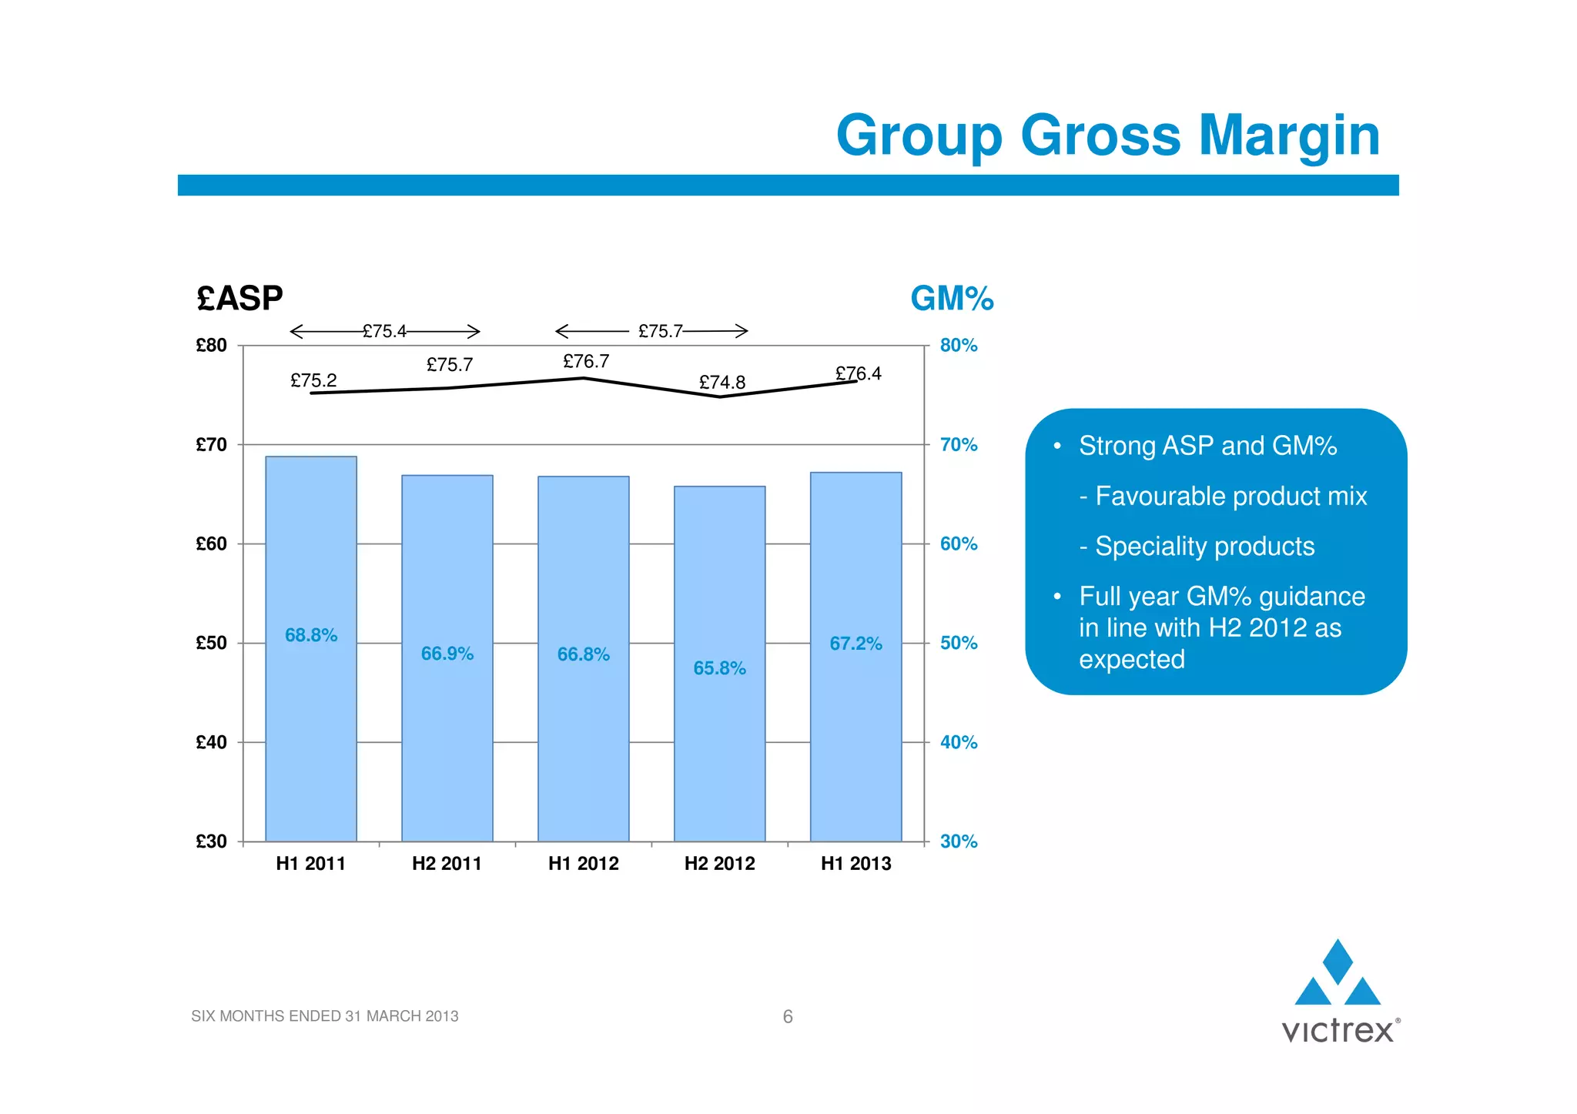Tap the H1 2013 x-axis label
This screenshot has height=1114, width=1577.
pos(855,864)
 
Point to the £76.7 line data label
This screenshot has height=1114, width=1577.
pos(586,361)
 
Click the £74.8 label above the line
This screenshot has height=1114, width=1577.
pos(722,382)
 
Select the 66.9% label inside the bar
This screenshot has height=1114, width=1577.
pos(447,654)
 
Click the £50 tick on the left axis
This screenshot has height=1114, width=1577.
pos(211,643)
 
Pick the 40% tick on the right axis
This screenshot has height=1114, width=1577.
pos(959,742)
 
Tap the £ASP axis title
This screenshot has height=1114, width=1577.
pos(239,298)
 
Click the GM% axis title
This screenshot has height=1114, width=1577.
pos(952,298)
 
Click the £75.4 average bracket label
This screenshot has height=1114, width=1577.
pos(384,331)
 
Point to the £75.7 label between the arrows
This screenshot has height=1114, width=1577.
pos(661,331)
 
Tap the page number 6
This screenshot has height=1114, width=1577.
pos(788,1016)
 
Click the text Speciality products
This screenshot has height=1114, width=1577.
pos(1204,546)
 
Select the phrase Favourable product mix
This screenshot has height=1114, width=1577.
pos(1230,496)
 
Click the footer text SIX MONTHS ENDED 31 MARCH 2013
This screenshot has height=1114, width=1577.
pos(324,1016)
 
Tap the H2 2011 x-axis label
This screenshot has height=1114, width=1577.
pos(447,864)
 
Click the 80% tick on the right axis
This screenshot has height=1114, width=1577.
pos(959,345)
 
